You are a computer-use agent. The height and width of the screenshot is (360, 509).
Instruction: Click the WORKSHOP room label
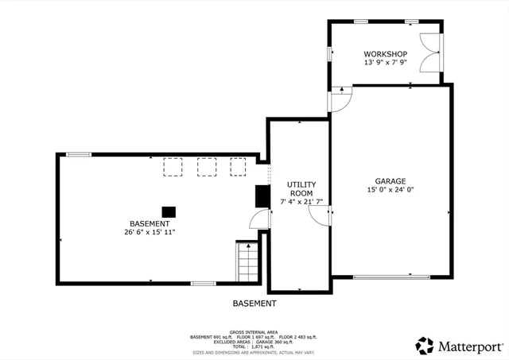click(x=385, y=54)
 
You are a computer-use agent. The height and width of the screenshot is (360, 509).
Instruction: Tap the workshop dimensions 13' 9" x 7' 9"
click(x=385, y=63)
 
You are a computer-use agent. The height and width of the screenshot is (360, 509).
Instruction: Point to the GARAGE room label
click(x=390, y=181)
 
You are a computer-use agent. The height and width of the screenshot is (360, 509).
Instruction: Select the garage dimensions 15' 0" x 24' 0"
click(x=390, y=190)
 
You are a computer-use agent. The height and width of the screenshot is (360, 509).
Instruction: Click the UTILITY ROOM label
click(x=301, y=189)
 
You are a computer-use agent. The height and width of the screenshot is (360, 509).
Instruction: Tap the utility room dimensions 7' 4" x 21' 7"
click(x=301, y=203)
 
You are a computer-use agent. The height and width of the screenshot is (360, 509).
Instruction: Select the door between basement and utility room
click(x=260, y=222)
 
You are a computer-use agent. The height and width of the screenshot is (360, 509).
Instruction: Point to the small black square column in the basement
click(x=169, y=211)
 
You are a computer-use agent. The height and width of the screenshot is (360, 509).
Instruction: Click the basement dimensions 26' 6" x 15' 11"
click(x=150, y=233)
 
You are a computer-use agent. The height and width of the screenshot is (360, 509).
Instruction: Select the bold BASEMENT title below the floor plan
click(x=254, y=304)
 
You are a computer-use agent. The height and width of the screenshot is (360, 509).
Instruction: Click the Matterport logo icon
click(x=425, y=346)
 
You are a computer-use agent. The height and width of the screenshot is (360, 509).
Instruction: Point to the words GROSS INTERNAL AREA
click(x=254, y=331)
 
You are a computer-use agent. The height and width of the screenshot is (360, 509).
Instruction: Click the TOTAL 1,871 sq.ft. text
click(x=254, y=347)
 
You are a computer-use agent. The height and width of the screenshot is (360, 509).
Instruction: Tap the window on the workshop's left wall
click(x=330, y=54)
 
